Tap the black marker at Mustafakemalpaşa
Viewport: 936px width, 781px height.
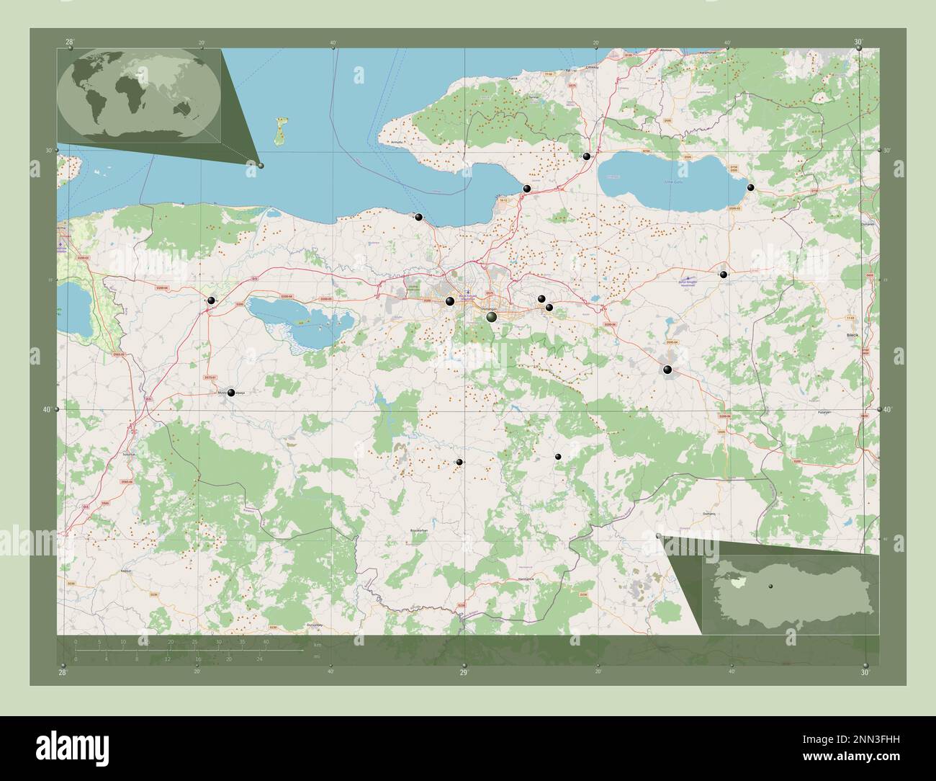tap(231, 393)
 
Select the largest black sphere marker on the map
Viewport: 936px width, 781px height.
tap(492, 317)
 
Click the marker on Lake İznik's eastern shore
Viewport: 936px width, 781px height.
tap(751, 187)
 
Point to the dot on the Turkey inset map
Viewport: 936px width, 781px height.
tap(770, 586)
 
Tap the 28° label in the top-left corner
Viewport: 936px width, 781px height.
tap(69, 42)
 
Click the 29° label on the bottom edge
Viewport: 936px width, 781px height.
tap(464, 672)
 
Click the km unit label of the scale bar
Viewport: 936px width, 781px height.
tap(317, 645)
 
